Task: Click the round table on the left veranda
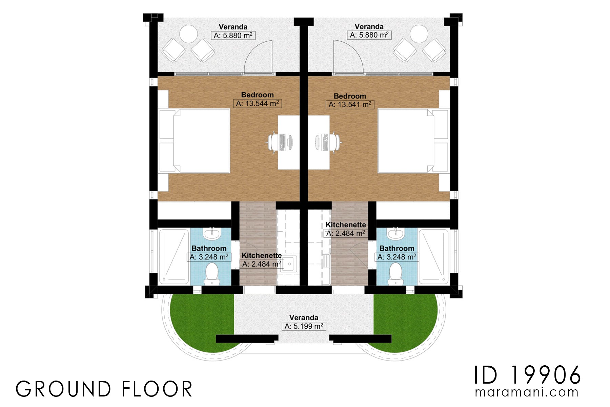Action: pyautogui.click(x=188, y=34)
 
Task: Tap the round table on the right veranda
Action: pyautogui.click(x=419, y=34)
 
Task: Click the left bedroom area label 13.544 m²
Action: pyautogui.click(x=258, y=103)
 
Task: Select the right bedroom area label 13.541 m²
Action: pyautogui.click(x=350, y=104)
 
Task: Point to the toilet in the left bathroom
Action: pyautogui.click(x=212, y=273)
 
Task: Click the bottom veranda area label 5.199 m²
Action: pyautogui.click(x=304, y=326)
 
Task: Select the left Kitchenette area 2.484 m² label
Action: pyautogui.click(x=262, y=264)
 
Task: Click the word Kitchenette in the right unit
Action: pyautogui.click(x=346, y=225)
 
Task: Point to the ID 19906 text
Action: pyautogui.click(x=527, y=375)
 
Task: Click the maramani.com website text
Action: pyautogui.click(x=527, y=392)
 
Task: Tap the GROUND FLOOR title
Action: pyautogui.click(x=104, y=389)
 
